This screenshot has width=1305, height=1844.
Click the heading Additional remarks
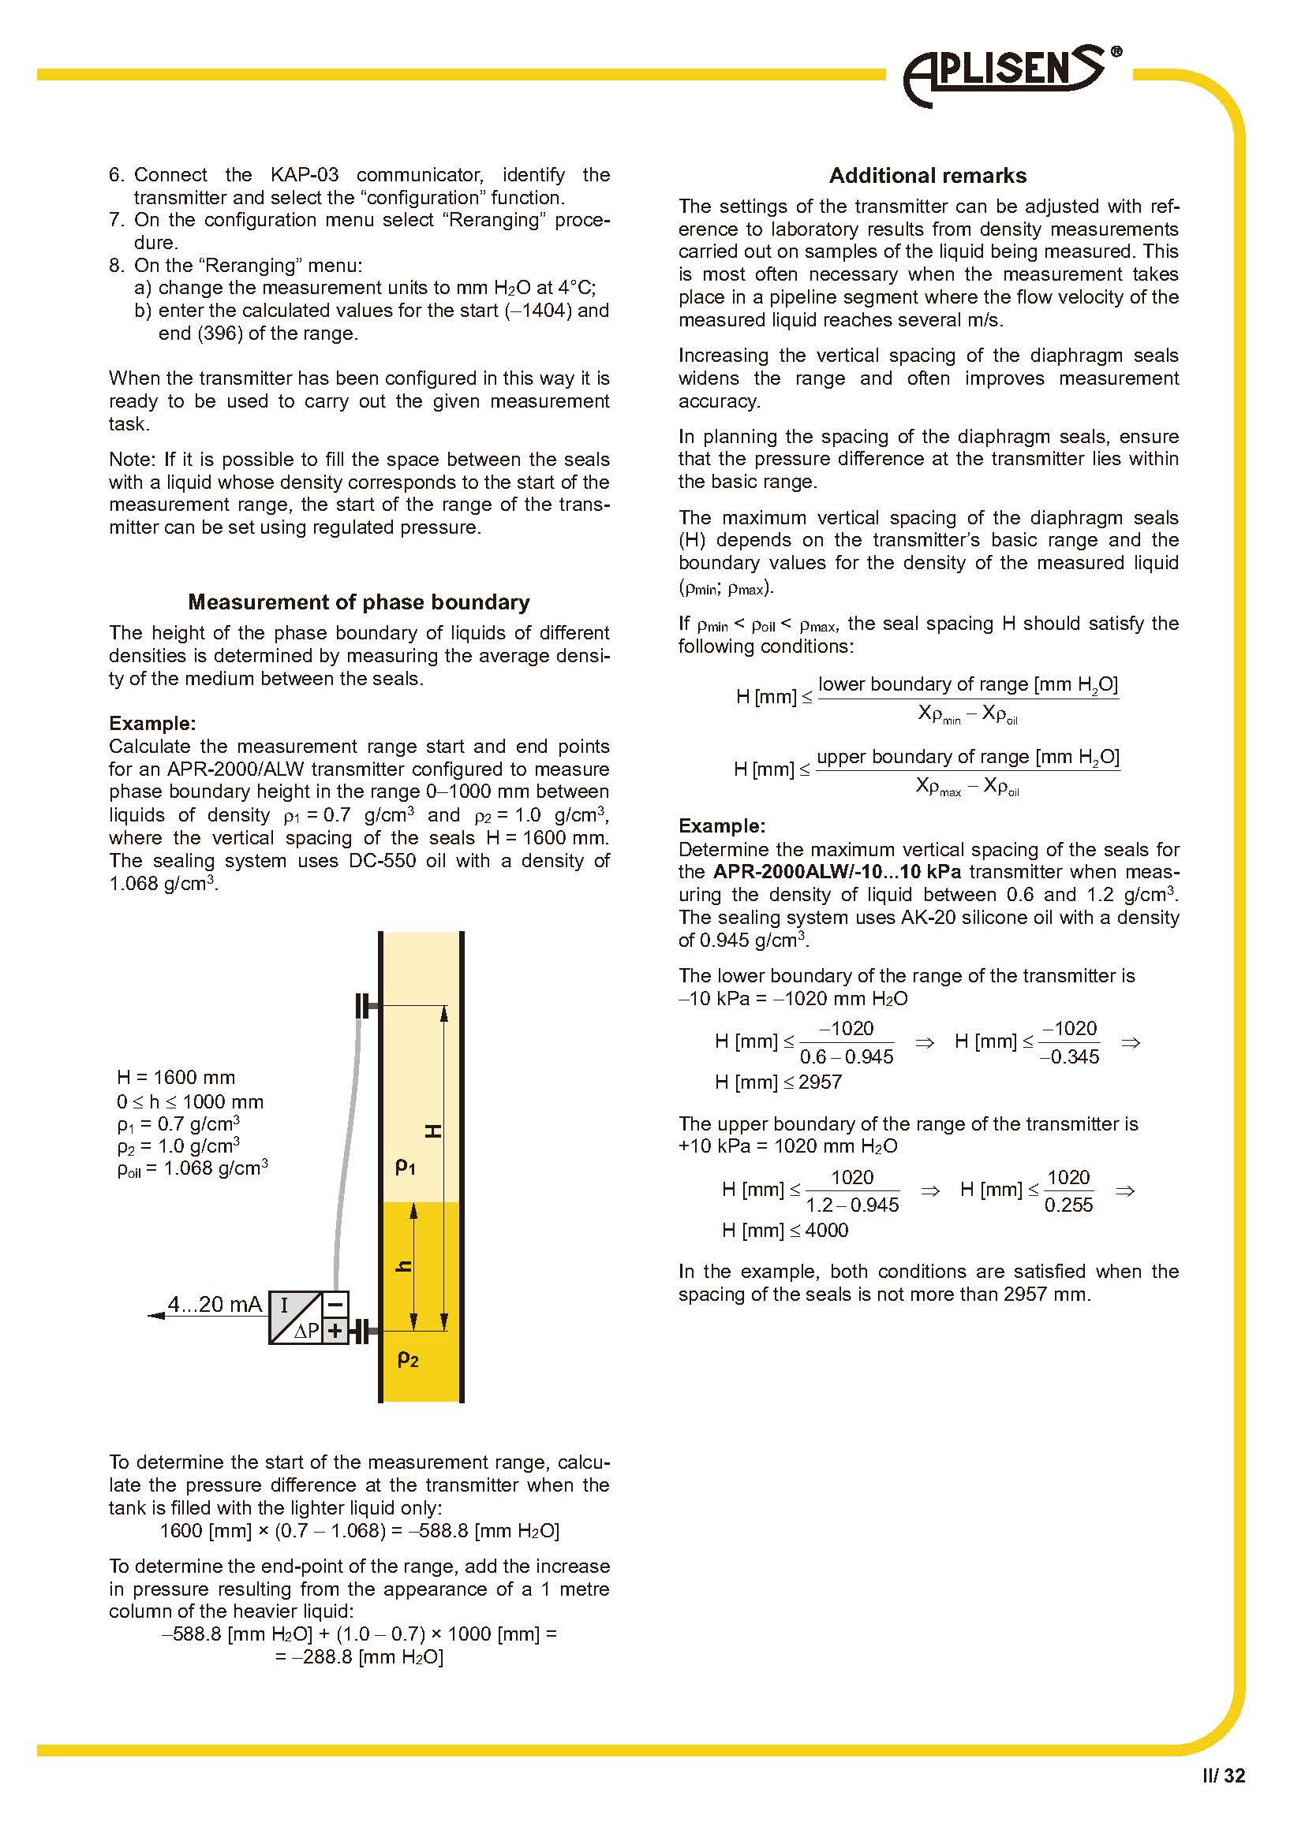pyautogui.click(x=927, y=176)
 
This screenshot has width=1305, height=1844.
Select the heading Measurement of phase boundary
pyautogui.click(x=358, y=602)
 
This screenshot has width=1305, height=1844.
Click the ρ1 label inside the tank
pyautogui.click(x=406, y=1166)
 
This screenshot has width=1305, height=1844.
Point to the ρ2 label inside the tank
pyautogui.click(x=408, y=1359)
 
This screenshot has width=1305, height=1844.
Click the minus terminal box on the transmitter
pyautogui.click(x=336, y=1302)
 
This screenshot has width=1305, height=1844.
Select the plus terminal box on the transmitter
pyautogui.click(x=336, y=1331)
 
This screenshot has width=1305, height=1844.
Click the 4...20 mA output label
pyautogui.click(x=215, y=1304)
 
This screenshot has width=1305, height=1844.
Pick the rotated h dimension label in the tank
pyautogui.click(x=404, y=1267)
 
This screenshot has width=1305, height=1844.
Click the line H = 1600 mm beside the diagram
pyautogui.click(x=176, y=1078)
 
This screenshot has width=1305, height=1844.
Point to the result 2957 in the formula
pyautogui.click(x=820, y=1082)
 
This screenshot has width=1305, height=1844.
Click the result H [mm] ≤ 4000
pyautogui.click(x=784, y=1230)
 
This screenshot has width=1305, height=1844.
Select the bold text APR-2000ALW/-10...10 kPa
pyautogui.click(x=836, y=872)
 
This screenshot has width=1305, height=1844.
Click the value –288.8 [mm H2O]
pyautogui.click(x=359, y=1657)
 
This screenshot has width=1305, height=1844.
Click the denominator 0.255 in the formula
pyautogui.click(x=1068, y=1205)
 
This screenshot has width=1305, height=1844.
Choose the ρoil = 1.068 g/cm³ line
pyautogui.click(x=192, y=1168)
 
